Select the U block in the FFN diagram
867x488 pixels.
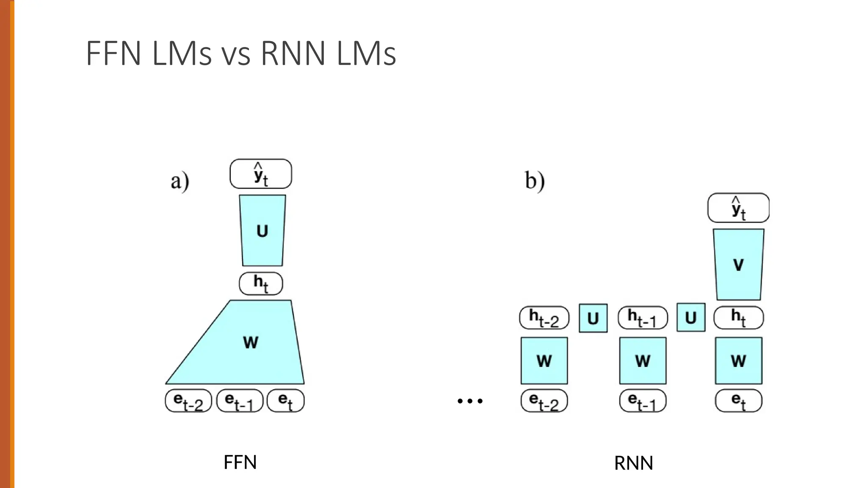[262, 231]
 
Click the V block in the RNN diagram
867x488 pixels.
[738, 265]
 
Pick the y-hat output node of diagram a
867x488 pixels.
[261, 174]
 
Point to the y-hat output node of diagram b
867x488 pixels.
[738, 208]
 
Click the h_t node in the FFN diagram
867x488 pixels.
[261, 283]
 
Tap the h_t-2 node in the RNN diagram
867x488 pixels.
[544, 318]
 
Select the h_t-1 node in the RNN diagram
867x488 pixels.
[643, 318]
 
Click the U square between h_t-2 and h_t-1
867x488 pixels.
[593, 318]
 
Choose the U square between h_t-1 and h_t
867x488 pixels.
[691, 317]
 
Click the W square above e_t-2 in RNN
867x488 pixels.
[544, 361]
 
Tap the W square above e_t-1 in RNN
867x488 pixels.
[643, 361]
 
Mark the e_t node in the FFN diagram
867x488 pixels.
[286, 401]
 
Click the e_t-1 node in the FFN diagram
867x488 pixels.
[240, 401]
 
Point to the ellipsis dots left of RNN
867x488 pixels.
[470, 401]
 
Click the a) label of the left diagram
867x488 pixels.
[180, 181]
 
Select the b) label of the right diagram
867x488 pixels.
[535, 181]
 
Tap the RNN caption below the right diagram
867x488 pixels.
[633, 463]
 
